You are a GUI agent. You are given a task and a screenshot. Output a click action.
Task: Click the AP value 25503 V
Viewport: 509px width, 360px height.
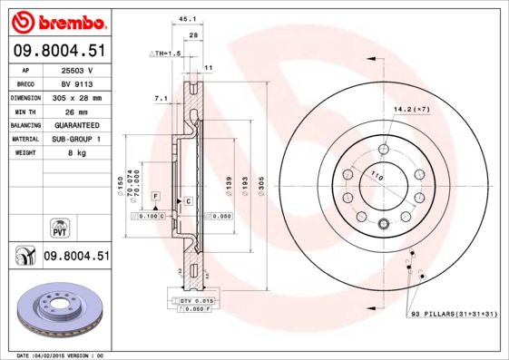pos(78,69)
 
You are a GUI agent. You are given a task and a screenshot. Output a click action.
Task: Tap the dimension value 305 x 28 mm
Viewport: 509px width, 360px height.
pos(78,97)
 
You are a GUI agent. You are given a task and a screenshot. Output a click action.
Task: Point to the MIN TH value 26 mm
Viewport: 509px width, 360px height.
pos(78,111)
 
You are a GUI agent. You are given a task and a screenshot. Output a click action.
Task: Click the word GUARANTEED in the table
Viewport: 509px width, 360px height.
pos(78,125)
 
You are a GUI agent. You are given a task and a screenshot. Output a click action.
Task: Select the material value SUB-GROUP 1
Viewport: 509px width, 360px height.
pos(78,139)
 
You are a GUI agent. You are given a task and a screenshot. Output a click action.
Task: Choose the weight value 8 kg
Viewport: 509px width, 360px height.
pos(78,153)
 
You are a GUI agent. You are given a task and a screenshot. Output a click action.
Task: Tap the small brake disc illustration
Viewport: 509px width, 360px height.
pos(59,312)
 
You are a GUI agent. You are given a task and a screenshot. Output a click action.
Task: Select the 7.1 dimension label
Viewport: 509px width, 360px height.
pos(162,97)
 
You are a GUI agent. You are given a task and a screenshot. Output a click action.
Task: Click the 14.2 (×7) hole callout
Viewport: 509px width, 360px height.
pos(411,110)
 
